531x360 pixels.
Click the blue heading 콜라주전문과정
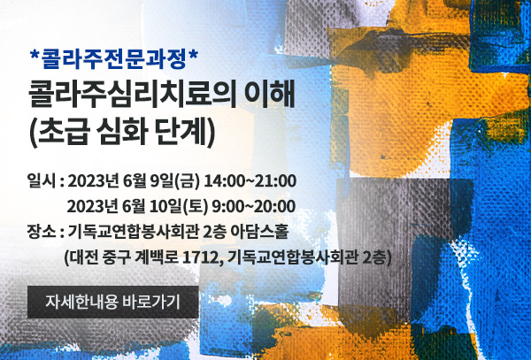click(x=113, y=59)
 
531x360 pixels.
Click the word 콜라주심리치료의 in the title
click(x=133, y=96)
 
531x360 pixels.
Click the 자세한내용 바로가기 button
click(x=112, y=302)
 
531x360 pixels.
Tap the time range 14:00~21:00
click(x=250, y=181)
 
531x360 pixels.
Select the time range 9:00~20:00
click(x=253, y=207)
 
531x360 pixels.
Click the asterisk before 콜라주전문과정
click(x=35, y=56)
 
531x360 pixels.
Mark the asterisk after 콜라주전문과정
click(x=193, y=56)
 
